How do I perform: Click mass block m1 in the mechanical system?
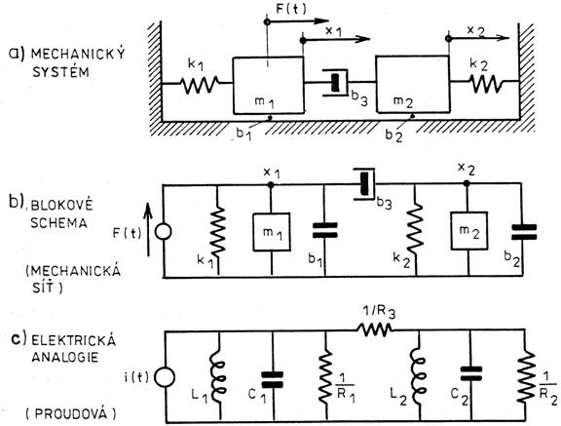click(x=269, y=85)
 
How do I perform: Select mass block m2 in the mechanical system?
click(x=412, y=84)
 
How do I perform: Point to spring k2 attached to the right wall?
click(x=485, y=84)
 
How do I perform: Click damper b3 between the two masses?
click(x=336, y=83)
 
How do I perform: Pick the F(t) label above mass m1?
click(x=291, y=9)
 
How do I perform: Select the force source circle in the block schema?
click(x=164, y=232)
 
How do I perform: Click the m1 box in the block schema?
click(x=272, y=232)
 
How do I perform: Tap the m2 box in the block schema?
click(x=469, y=230)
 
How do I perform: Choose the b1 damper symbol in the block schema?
click(x=325, y=230)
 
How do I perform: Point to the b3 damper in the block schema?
click(x=365, y=183)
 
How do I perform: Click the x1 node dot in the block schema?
click(x=271, y=185)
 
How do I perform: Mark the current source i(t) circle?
click(x=166, y=377)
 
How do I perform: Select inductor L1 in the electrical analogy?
click(x=218, y=376)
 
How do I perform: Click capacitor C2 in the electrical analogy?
click(x=471, y=374)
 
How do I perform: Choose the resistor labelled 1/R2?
click(x=526, y=376)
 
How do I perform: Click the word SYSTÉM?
click(x=60, y=72)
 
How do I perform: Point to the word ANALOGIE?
click(x=64, y=357)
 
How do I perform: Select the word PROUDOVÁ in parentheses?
click(x=71, y=414)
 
